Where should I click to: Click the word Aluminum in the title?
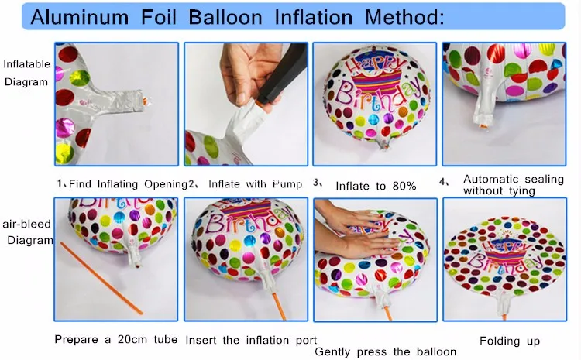(79, 17)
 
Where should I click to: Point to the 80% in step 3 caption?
(404, 186)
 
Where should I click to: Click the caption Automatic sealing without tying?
(513, 185)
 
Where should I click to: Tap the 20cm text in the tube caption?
(132, 339)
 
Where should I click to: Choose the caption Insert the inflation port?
(251, 340)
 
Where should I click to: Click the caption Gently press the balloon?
(385, 351)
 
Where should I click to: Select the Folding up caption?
(510, 341)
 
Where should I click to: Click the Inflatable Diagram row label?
(26, 73)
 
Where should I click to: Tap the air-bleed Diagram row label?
(27, 231)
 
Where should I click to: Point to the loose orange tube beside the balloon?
(101, 278)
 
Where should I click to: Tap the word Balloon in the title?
(225, 17)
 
